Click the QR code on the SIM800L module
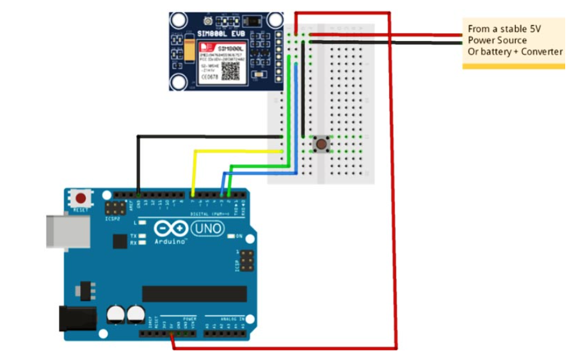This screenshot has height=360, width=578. coord(230,70)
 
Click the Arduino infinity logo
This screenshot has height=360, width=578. coord(172,229)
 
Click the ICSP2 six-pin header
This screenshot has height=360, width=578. coord(116,208)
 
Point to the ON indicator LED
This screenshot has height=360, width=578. coord(231,236)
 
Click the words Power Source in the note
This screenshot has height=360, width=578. coord(497,40)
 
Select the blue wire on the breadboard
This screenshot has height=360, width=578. coord(296,115)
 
